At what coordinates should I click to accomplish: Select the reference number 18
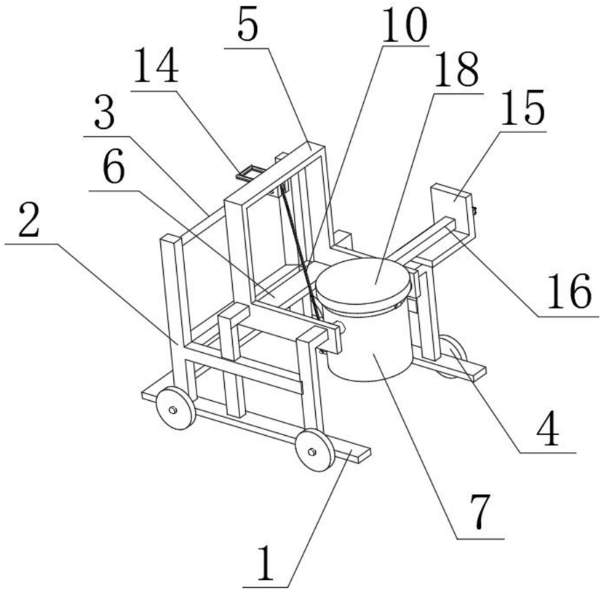pos(456,71)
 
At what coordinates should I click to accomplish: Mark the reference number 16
pos(568,295)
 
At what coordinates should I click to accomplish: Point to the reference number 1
pos(267,565)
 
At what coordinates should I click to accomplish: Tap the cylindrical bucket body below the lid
pos(371,345)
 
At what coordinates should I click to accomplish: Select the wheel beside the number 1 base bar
pos(312,452)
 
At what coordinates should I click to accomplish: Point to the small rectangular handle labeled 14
pos(250,172)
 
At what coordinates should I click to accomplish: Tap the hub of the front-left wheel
pos(172,410)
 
